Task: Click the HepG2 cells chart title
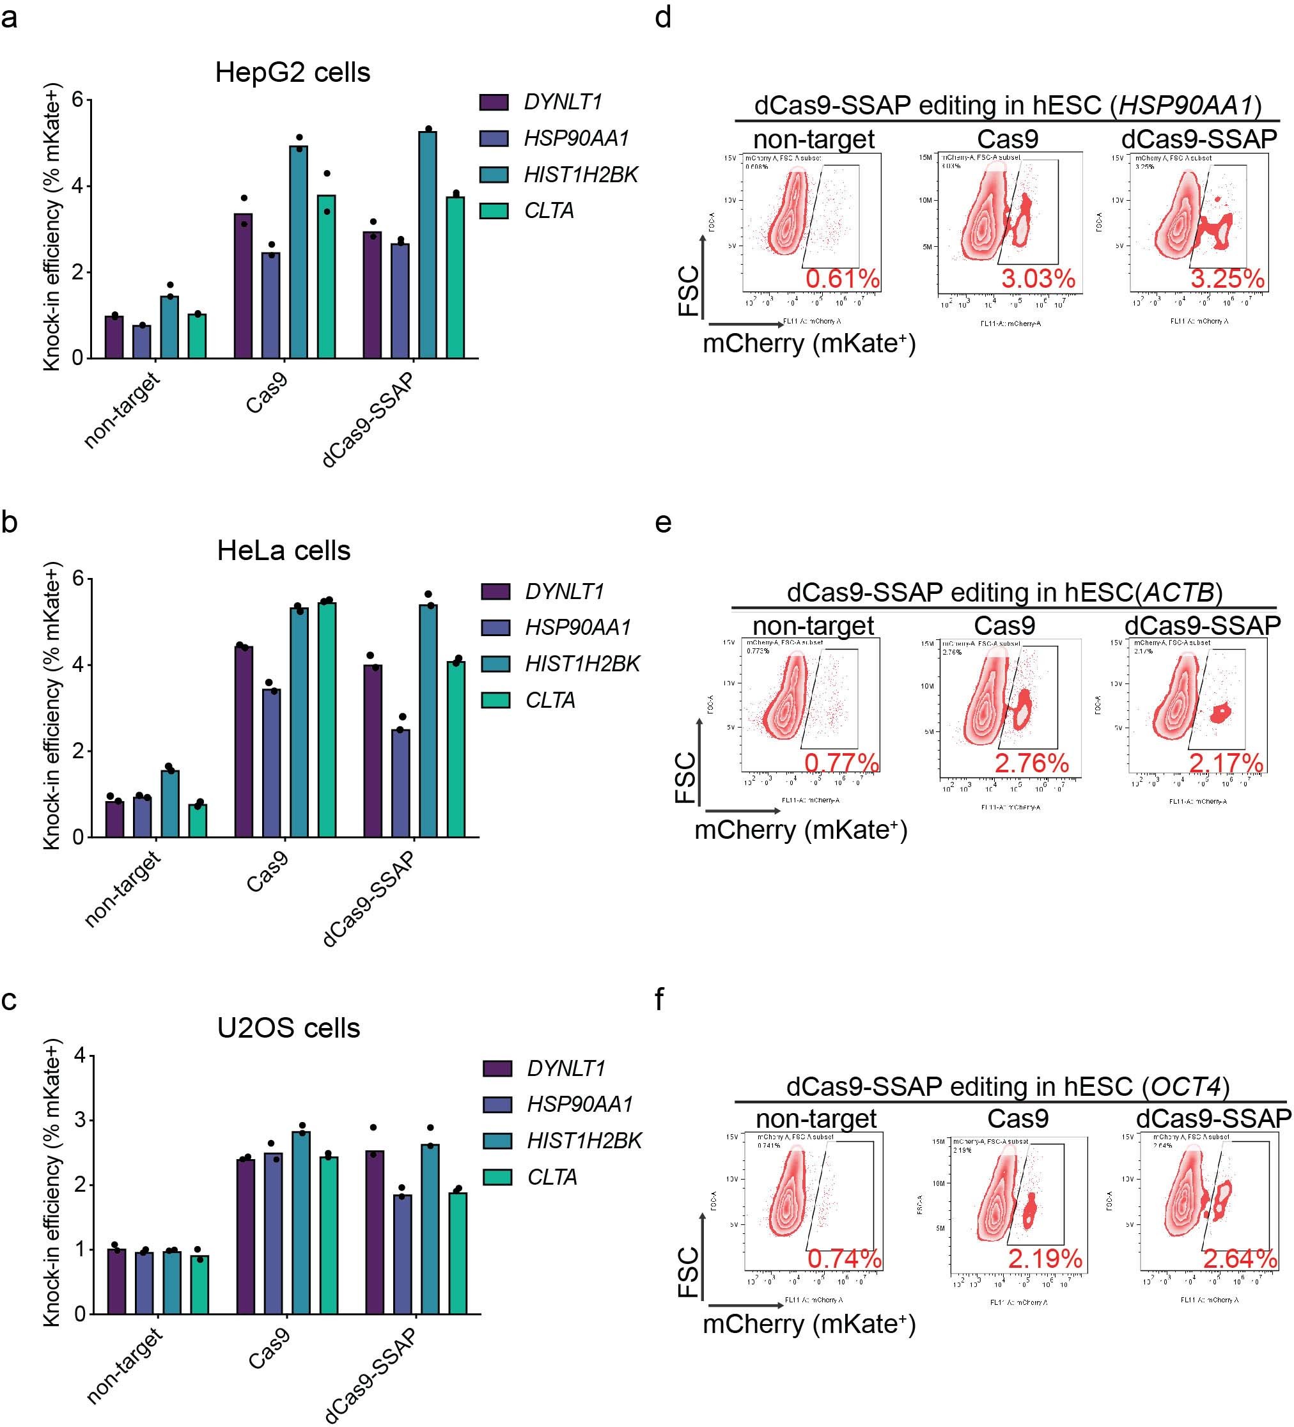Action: [292, 72]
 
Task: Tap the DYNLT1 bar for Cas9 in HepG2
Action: [243, 286]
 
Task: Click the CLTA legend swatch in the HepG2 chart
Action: [494, 211]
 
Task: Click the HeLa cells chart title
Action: [283, 550]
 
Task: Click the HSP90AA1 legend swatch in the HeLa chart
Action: [495, 627]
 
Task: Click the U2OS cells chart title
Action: [288, 1028]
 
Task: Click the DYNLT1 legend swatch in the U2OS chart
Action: [497, 1068]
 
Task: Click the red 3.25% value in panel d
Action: [1227, 278]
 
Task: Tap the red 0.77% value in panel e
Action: [841, 763]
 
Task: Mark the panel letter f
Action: [660, 999]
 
